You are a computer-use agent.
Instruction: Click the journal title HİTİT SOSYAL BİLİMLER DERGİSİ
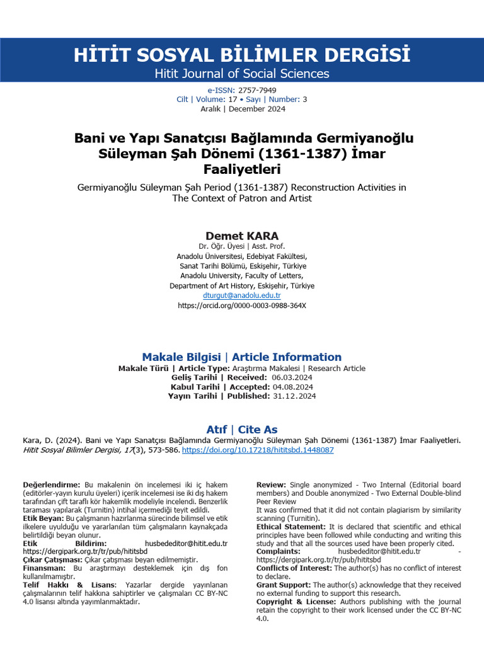(x=242, y=54)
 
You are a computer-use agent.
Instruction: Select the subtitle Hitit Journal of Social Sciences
(x=242, y=74)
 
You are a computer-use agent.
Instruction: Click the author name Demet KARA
(x=242, y=236)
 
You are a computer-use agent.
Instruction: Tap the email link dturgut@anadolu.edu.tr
(x=242, y=295)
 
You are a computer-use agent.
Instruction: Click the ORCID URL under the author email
(x=242, y=305)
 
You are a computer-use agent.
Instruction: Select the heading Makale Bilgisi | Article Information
(x=242, y=357)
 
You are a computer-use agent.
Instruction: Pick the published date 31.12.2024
(x=294, y=396)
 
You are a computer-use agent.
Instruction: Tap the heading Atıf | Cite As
(x=242, y=430)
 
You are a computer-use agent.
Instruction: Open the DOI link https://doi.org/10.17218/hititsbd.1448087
(x=258, y=450)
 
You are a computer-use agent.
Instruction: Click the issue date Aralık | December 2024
(x=242, y=109)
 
